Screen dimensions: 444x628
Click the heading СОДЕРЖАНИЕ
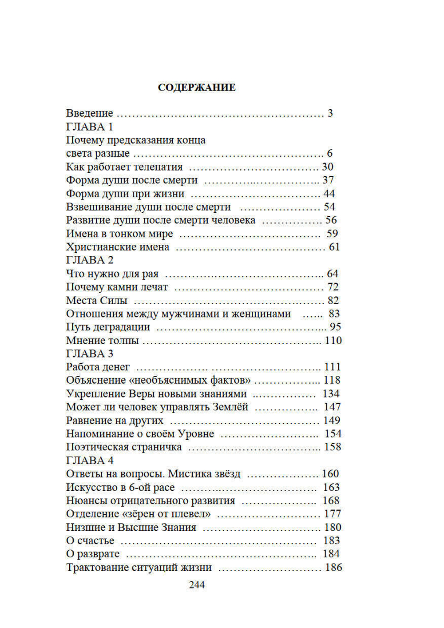click(197, 87)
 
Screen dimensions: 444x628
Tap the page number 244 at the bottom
click(197, 585)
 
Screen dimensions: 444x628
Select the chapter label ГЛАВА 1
click(90, 127)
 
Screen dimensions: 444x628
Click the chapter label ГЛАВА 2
click(90, 260)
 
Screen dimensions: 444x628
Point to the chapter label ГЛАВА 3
click(90, 354)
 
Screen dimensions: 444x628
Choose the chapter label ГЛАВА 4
click(90, 461)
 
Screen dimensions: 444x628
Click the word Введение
click(90, 113)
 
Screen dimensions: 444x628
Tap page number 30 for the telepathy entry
click(328, 167)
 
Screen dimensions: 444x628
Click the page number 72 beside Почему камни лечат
click(333, 287)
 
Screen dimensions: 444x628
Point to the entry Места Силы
click(97, 301)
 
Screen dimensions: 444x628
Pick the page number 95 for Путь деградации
click(335, 327)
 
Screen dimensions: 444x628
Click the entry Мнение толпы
click(103, 341)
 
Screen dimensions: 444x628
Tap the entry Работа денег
click(98, 367)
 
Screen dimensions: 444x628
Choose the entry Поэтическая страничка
click(124, 447)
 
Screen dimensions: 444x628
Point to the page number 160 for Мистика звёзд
click(330, 474)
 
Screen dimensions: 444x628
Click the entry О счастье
click(90, 541)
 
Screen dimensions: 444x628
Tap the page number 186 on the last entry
click(334, 568)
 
